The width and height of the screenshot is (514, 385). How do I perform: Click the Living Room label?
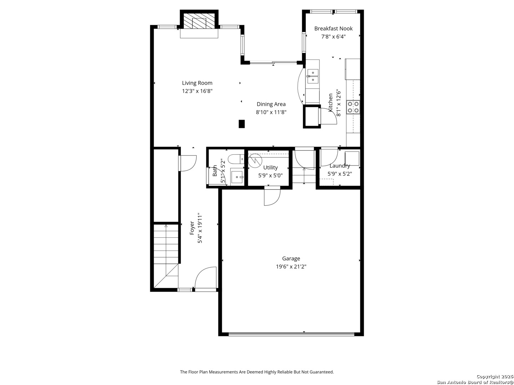tap(197, 83)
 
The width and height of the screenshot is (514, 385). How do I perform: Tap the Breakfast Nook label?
tap(333, 29)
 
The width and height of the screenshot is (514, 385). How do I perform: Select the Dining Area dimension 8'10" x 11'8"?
tap(271, 112)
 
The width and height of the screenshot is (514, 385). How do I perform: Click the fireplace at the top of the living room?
tap(199, 22)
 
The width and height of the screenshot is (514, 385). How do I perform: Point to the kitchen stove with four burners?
tap(353, 107)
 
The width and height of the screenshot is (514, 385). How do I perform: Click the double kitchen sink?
tap(313, 76)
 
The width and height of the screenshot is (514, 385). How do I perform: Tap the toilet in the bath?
tap(236, 159)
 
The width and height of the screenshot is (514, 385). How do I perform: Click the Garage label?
tap(291, 258)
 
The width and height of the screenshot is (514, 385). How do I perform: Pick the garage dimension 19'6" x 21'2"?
tap(291, 266)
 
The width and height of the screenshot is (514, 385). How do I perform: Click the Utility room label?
tap(270, 168)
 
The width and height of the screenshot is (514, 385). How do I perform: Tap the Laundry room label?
tap(339, 166)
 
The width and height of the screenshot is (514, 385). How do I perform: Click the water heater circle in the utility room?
tap(255, 160)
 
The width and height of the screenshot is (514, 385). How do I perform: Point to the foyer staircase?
tap(166, 253)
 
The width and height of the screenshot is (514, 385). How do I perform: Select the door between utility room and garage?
tap(272, 197)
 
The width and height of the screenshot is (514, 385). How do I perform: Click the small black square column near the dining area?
tap(242, 124)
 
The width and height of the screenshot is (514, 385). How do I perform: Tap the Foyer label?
tap(192, 228)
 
